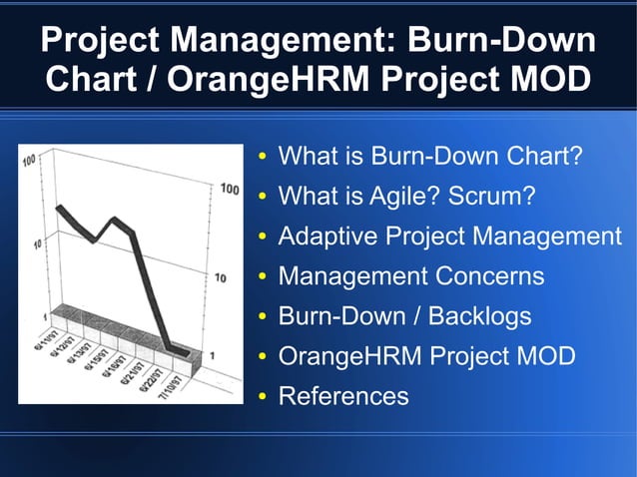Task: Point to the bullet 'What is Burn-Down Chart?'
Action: pos(429,157)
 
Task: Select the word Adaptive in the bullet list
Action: pos(323,237)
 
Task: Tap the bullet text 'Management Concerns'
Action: pos(410,276)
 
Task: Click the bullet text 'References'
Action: pos(343,396)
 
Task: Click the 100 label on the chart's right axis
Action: pos(230,188)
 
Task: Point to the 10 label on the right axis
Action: pos(224,276)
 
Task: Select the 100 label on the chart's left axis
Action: pos(29,160)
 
